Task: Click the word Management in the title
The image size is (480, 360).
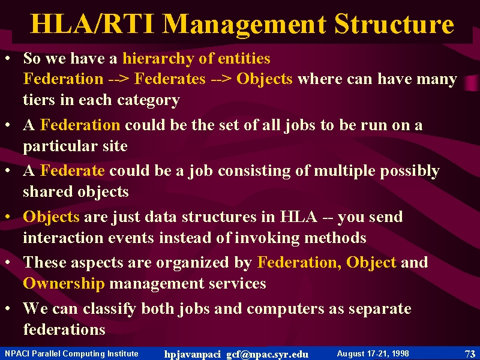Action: pyautogui.click(x=244, y=25)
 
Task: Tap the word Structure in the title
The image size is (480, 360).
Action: pyautogui.click(x=394, y=23)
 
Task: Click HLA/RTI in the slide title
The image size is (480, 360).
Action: pyautogui.click(x=92, y=23)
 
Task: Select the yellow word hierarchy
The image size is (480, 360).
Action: pyautogui.click(x=158, y=58)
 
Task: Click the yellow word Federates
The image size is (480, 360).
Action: pyautogui.click(x=170, y=79)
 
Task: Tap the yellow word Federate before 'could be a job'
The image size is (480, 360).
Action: pyautogui.click(x=73, y=170)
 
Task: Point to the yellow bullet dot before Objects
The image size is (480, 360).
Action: pyautogui.click(x=8, y=217)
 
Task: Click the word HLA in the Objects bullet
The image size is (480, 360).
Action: pyautogui.click(x=298, y=217)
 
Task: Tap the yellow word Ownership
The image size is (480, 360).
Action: pyautogui.click(x=64, y=284)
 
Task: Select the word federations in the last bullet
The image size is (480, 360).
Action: pyautogui.click(x=64, y=329)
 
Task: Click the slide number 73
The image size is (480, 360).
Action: pyautogui.click(x=470, y=354)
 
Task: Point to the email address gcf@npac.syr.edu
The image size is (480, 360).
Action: pyautogui.click(x=267, y=355)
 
